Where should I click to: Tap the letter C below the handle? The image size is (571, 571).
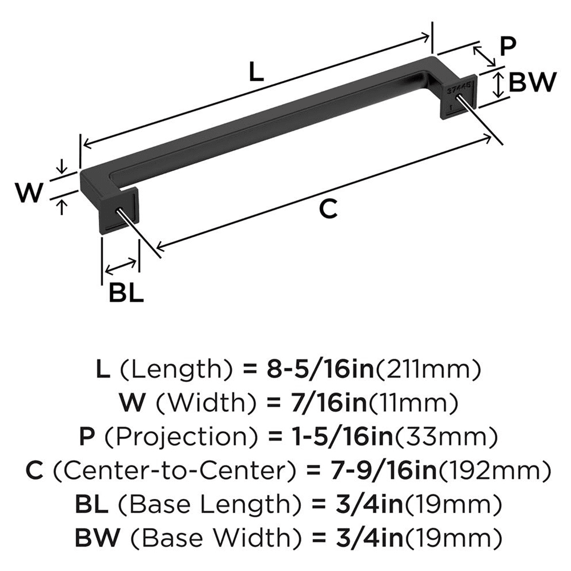click(328, 209)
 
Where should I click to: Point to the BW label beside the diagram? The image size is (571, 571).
click(532, 84)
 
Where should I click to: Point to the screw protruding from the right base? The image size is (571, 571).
click(485, 123)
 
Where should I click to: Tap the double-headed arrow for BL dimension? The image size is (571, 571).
click(120, 265)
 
